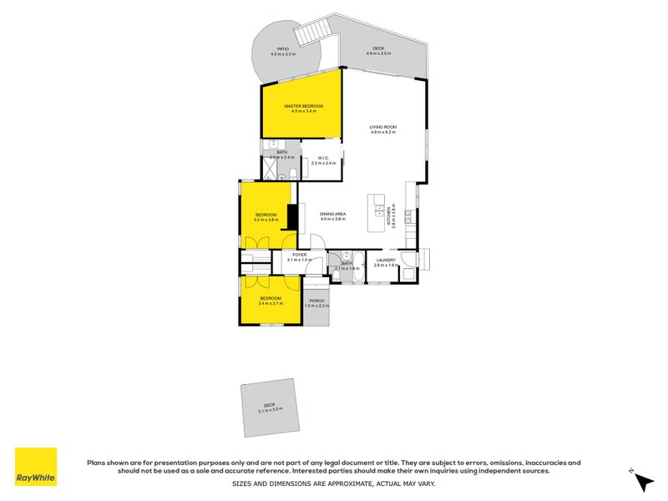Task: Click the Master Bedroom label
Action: pyautogui.click(x=303, y=106)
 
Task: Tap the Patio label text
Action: pyautogui.click(x=283, y=49)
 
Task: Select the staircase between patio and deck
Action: pyautogui.click(x=318, y=34)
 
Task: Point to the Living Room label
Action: pyautogui.click(x=382, y=127)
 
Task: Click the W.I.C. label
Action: pyautogui.click(x=322, y=159)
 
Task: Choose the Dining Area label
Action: pyautogui.click(x=332, y=215)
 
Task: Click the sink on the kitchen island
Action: pyautogui.click(x=378, y=209)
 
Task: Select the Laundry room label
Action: pyautogui.click(x=385, y=260)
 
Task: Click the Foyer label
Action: pyautogui.click(x=299, y=255)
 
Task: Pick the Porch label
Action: pyautogui.click(x=316, y=301)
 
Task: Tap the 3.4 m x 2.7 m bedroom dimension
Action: pyautogui.click(x=271, y=303)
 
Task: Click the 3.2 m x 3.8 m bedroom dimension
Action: pyautogui.click(x=266, y=220)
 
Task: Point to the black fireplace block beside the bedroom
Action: pyautogui.click(x=292, y=216)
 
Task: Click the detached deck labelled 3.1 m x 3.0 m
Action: pyautogui.click(x=270, y=408)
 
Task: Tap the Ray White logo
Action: pyautogui.click(x=36, y=467)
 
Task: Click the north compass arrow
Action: pyautogui.click(x=643, y=481)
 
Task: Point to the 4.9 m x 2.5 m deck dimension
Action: pyautogui.click(x=379, y=53)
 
